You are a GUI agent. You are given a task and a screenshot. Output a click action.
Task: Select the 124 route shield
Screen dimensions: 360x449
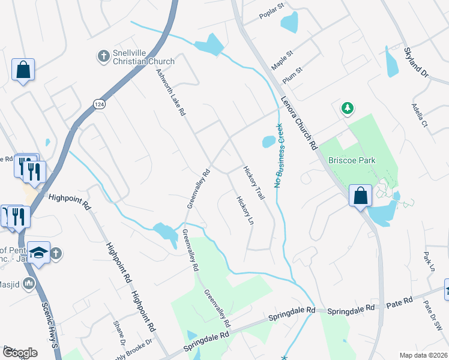click(x=97, y=104)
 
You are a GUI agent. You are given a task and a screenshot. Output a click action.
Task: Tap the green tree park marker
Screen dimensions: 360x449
click(x=347, y=108)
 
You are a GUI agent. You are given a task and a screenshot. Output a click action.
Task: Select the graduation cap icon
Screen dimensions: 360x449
click(x=38, y=254)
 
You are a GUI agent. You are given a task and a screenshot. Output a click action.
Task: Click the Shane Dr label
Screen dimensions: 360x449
click(x=118, y=332)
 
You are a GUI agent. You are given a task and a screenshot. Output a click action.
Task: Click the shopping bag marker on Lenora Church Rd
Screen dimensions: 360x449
click(x=360, y=196)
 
